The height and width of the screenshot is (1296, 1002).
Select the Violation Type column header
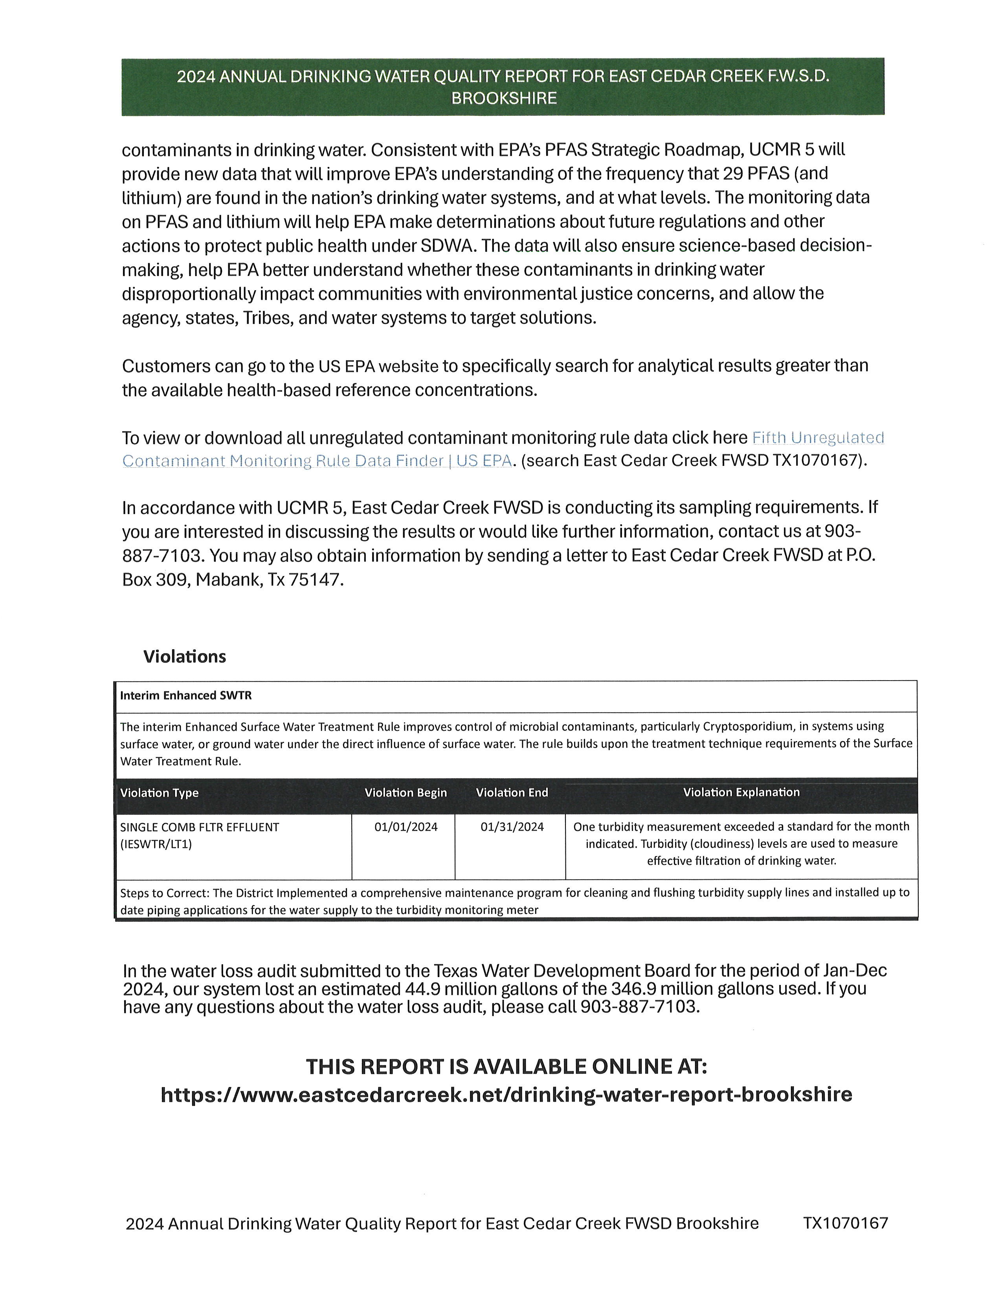coord(159,793)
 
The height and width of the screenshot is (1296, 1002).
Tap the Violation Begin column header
coord(406,793)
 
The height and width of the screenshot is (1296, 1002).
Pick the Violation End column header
coord(512,793)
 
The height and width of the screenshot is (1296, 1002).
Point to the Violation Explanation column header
coord(741,792)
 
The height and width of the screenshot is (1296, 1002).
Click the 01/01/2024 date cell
coord(406,827)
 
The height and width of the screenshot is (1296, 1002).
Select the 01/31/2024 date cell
coord(512,827)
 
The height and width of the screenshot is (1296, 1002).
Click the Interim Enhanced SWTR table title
coord(186,696)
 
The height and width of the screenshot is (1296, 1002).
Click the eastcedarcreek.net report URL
coord(507,1094)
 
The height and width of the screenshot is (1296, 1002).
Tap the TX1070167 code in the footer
coord(846,1223)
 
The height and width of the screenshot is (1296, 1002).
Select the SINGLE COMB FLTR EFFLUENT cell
coord(200,827)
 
